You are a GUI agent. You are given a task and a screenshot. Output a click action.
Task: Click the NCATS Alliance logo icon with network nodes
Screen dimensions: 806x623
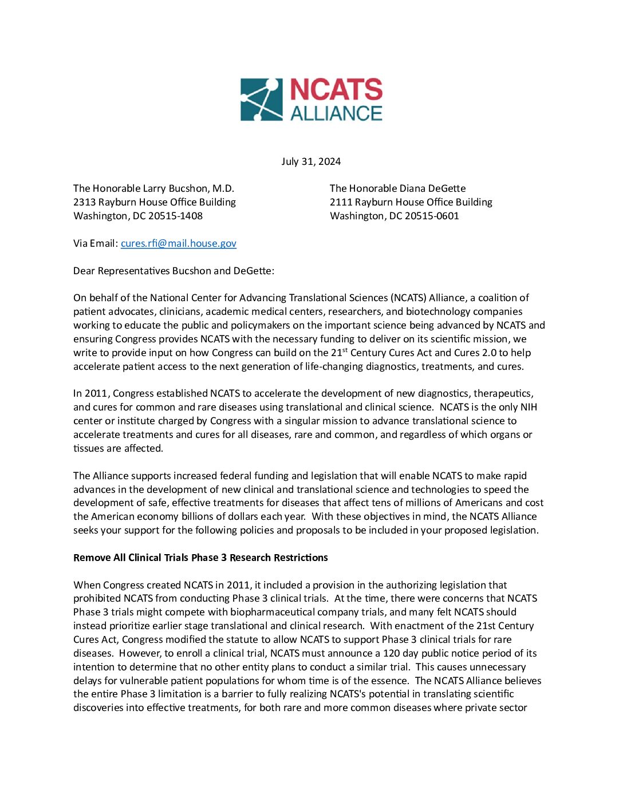[261, 100]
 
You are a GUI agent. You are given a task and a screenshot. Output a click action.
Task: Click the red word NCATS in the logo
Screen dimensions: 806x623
[336, 90]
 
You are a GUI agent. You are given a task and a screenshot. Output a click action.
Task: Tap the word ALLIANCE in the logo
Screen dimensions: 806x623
[336, 113]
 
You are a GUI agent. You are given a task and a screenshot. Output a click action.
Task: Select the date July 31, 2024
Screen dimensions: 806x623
[311, 161]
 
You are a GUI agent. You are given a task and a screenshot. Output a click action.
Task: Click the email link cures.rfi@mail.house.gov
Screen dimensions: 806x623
[179, 243]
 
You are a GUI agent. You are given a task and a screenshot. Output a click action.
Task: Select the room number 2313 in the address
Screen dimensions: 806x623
[84, 202]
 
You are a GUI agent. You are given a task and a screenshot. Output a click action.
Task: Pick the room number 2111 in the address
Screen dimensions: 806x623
[341, 202]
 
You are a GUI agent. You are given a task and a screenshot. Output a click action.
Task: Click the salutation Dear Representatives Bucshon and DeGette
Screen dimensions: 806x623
[174, 271]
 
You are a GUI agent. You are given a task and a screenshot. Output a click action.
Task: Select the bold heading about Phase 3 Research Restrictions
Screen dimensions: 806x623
[200, 558]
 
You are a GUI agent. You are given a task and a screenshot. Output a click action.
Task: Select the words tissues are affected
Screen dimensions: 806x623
[118, 448]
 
